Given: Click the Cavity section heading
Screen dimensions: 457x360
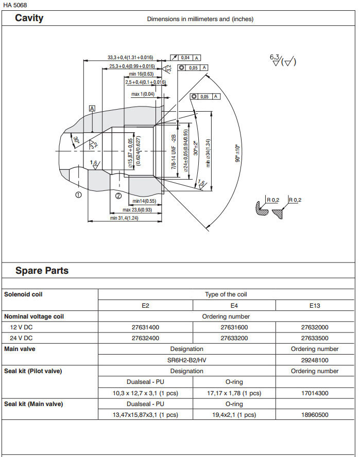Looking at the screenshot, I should pos(29,19).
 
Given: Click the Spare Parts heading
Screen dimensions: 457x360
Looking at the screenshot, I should pos(42,271).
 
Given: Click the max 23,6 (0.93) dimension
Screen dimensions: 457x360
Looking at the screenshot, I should pos(137,210).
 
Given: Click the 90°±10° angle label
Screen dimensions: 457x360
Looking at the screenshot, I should pos(237,153).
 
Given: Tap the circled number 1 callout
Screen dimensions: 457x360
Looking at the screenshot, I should pos(78,195).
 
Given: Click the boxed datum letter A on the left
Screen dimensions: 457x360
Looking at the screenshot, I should pos(92,109).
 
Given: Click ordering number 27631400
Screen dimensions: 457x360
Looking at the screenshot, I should pos(146,327).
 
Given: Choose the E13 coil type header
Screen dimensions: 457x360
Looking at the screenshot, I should pos(315,305).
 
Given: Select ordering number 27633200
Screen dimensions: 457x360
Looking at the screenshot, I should pos(234,338).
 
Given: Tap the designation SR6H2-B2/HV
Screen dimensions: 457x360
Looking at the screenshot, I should pos(186,360).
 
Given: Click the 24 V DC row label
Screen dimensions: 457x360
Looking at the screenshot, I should pos(21,338).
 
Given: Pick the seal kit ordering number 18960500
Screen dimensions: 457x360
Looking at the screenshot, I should pos(315,415).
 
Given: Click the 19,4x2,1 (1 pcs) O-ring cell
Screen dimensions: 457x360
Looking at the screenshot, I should pos(234,415).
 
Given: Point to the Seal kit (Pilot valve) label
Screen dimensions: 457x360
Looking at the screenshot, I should pos(33,371).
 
